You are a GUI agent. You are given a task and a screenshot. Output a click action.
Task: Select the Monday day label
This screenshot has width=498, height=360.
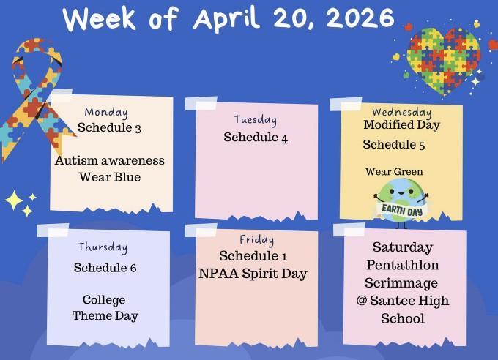106,113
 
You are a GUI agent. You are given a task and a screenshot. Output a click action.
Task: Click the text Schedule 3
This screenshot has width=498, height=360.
109,128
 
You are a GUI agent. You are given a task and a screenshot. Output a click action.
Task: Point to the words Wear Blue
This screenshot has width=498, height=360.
110,177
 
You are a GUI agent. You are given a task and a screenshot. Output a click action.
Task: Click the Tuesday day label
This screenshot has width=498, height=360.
256,120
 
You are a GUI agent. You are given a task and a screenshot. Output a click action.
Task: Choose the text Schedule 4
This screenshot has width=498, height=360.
256,137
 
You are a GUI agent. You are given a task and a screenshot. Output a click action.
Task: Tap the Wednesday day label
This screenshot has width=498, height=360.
401,113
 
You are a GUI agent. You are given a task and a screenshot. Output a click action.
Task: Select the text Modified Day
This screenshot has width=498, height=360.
401,125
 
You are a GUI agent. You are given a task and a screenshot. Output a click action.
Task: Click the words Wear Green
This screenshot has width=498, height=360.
394,172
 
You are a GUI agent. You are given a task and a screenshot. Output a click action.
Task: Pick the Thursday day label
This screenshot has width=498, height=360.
103,247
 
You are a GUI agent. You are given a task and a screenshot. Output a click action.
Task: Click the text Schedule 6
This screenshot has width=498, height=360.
105,268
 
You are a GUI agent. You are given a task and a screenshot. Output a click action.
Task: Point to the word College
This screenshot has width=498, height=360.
104,300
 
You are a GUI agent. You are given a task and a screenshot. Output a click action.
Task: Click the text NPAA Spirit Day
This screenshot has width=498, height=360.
256,274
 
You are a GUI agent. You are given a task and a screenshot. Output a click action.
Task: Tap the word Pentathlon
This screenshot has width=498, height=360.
403,265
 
